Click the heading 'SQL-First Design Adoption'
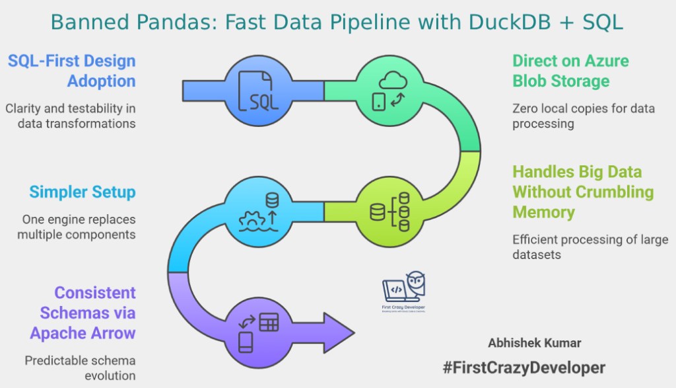(71, 71)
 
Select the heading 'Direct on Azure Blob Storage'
(570, 71)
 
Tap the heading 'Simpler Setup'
(82, 192)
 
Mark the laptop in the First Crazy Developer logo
(397, 290)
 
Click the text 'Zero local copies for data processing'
(584, 116)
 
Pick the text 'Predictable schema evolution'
(80, 368)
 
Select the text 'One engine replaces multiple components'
(79, 226)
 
